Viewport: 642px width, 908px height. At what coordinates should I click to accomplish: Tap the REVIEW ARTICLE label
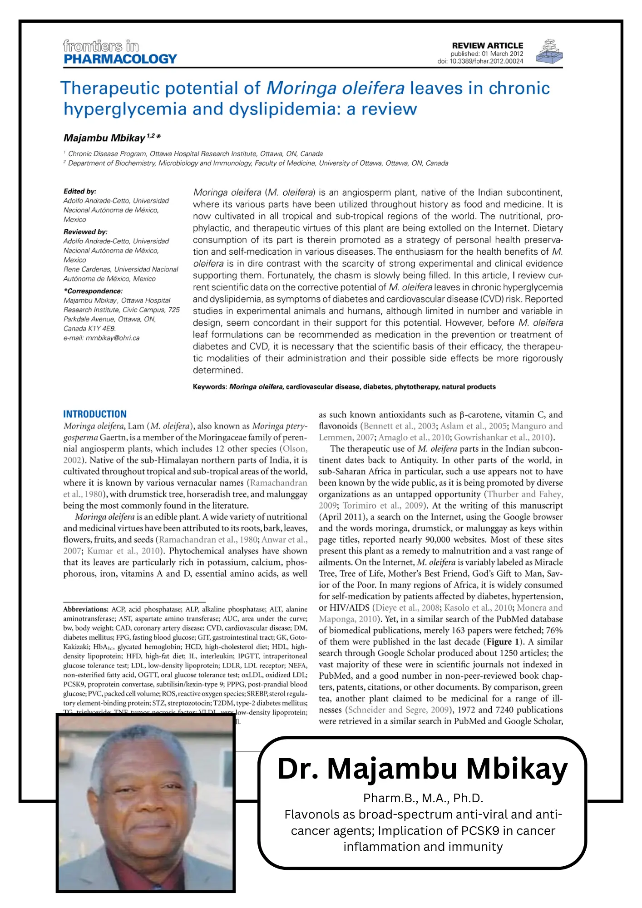[x=487, y=45]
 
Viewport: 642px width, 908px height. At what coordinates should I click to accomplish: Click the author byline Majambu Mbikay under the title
[x=104, y=138]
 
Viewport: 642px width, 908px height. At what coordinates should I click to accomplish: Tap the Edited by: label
[x=80, y=191]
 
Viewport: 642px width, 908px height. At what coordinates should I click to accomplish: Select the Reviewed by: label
[x=85, y=232]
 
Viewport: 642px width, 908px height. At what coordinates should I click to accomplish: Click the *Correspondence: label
[x=93, y=291]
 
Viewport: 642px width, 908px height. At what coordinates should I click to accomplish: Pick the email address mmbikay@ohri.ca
[x=113, y=338]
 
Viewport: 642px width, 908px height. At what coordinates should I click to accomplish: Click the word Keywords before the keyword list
[x=209, y=387]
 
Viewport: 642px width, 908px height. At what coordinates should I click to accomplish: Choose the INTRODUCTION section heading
[x=95, y=414]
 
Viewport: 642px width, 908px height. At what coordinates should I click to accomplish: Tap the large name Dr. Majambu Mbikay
[x=422, y=768]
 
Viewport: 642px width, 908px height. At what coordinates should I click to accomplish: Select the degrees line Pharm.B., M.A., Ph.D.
[x=423, y=798]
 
